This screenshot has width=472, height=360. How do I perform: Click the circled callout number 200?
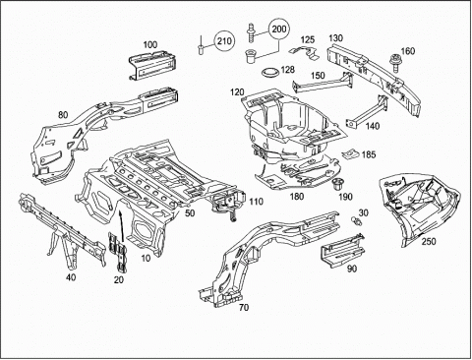[x=279, y=30]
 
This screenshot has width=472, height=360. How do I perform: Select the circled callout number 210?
[x=224, y=41]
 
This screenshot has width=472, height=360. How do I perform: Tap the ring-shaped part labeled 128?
[x=271, y=72]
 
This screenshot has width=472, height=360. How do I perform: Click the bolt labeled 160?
[x=395, y=63]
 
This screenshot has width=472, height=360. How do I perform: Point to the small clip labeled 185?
[x=350, y=153]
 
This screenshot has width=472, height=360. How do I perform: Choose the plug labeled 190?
[x=336, y=184]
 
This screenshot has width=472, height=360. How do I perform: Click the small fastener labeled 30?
[x=356, y=221]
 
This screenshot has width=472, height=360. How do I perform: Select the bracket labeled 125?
[x=306, y=53]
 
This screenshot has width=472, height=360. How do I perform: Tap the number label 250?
[x=429, y=241]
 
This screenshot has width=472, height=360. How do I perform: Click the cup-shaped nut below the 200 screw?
[x=252, y=57]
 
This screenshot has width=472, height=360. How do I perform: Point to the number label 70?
[x=244, y=308]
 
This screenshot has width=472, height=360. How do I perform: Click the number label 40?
[x=71, y=277]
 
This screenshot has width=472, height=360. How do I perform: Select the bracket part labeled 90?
[x=342, y=250]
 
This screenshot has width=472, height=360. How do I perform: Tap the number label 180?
[x=296, y=197]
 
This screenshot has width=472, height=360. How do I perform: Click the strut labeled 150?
[x=323, y=83]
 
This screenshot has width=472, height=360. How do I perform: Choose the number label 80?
[x=63, y=115]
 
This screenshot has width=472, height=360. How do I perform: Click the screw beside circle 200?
[x=251, y=32]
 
